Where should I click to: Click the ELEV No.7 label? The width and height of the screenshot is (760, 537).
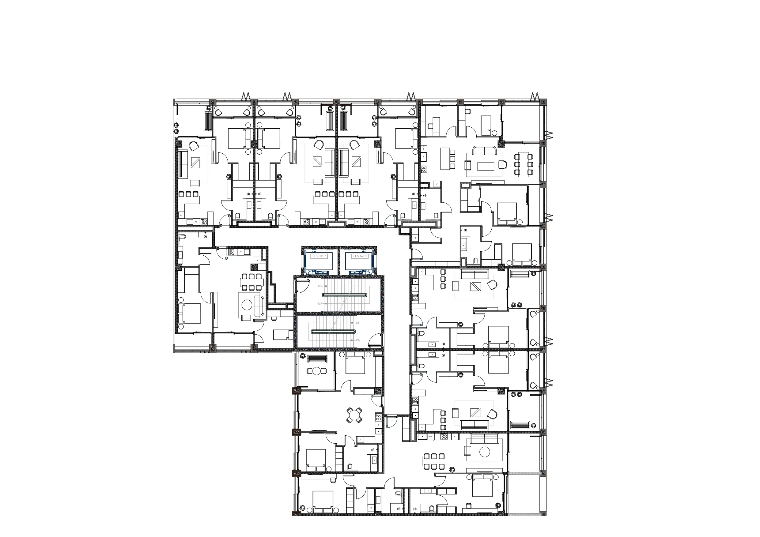pyautogui.click(x=318, y=256)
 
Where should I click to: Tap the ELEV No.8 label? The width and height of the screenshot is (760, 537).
pyautogui.click(x=359, y=256)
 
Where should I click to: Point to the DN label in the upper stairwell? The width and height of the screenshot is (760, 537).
pyautogui.click(x=320, y=286)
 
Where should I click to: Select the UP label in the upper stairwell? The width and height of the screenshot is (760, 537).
pyautogui.click(x=320, y=303)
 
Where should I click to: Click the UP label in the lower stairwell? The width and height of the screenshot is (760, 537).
pyautogui.click(x=358, y=323)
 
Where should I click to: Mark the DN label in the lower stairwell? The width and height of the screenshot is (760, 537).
pyautogui.click(x=358, y=340)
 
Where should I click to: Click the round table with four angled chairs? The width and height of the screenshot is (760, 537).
pyautogui.click(x=354, y=415)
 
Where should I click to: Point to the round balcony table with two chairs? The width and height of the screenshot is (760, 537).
pyautogui.click(x=317, y=371)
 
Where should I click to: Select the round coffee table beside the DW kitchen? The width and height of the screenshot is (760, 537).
pyautogui.click(x=485, y=452)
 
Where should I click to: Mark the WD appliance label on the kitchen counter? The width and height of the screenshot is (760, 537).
pyautogui.click(x=423, y=148)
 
